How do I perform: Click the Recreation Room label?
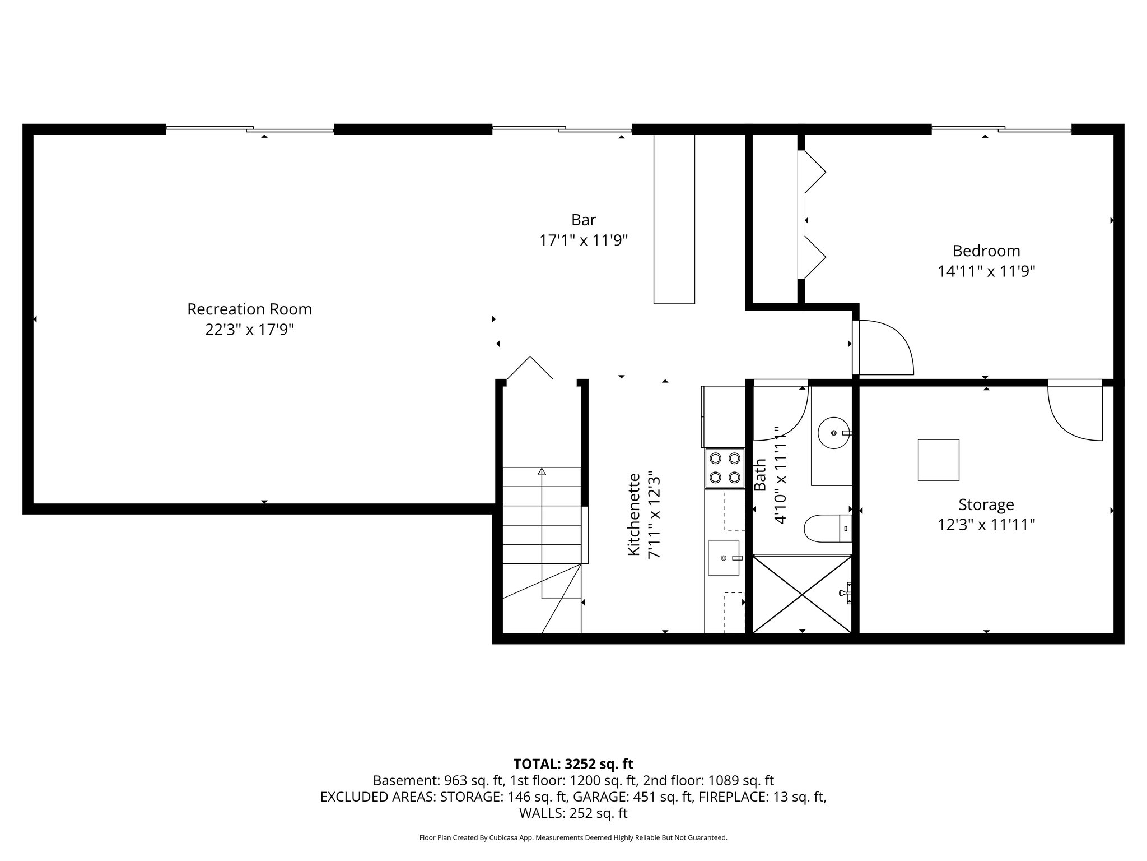[x=249, y=309]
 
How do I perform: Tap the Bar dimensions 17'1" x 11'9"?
[x=583, y=240]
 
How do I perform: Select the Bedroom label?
[x=986, y=251]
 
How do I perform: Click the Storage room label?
[x=986, y=504]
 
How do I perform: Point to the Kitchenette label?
[x=633, y=514]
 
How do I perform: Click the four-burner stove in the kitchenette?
[x=725, y=467]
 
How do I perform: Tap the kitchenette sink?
[x=724, y=558]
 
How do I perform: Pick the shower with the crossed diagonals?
[x=802, y=594]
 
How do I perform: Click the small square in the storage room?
[x=938, y=460]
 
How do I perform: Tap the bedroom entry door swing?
[x=885, y=348]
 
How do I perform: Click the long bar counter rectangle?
[x=674, y=219]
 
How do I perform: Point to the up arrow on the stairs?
[x=542, y=472]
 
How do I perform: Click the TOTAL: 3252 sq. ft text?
[x=573, y=764]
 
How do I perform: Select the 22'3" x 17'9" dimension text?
[x=249, y=330]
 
